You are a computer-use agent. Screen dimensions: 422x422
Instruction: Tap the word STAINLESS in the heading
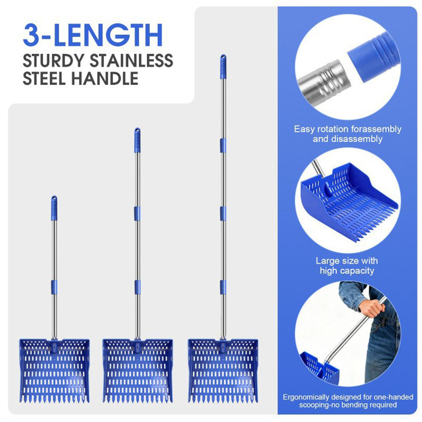[131, 60]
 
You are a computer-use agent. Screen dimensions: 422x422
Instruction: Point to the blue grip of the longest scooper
[223, 67]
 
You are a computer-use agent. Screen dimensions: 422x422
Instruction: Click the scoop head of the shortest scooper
[54, 371]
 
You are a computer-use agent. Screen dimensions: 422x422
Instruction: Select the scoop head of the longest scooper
[223, 371]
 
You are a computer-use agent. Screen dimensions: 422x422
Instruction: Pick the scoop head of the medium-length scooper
[137, 371]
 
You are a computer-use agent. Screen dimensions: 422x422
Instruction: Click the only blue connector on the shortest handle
[54, 287]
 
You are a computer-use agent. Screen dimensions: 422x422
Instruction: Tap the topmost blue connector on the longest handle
[223, 146]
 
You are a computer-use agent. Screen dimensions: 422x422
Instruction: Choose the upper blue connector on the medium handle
[137, 214]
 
